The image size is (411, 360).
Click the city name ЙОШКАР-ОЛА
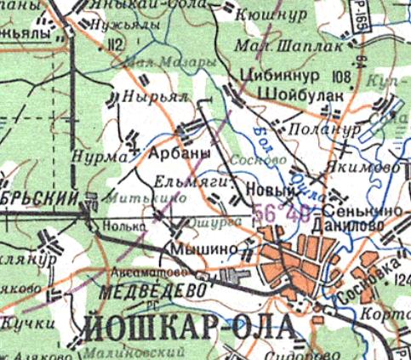pos(190,327)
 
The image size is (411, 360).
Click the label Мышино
pos(197,248)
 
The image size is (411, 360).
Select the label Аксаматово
pos(141,273)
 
